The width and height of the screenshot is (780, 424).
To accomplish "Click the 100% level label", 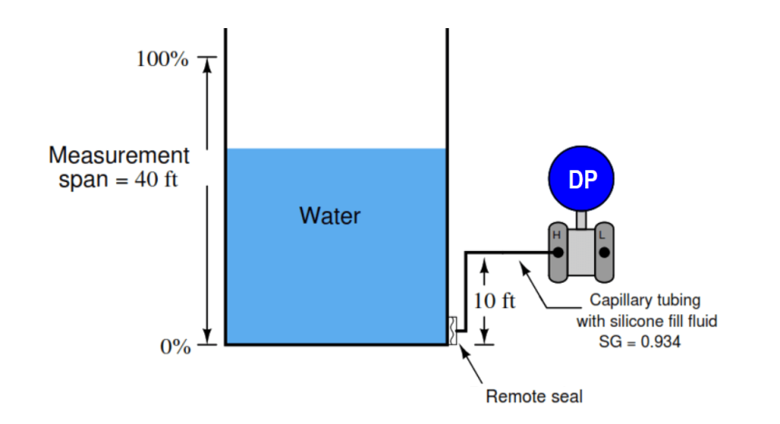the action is point(162,59).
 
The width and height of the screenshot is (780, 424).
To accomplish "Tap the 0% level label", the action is point(176,346).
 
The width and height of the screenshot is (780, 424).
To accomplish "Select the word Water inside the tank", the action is point(330,216).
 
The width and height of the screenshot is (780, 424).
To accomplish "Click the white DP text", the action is point(582,179).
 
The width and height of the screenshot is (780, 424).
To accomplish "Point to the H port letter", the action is point(557,236).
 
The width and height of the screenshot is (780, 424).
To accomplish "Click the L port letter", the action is point(602,236).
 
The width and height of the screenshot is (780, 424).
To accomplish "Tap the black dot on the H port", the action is point(558,253).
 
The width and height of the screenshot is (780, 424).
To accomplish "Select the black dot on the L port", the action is point(604,253).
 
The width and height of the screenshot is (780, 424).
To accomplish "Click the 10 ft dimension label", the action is point(494,301).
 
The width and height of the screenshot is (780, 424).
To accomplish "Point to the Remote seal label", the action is point(534,397).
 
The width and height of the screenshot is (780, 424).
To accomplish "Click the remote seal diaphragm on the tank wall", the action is point(453,331).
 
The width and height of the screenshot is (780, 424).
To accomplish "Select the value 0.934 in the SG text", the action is point(660,342).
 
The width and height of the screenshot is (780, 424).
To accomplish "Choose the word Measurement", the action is point(119,155).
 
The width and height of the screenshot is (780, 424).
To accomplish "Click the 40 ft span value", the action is point(156,179).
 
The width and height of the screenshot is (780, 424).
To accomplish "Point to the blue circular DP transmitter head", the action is point(581,178).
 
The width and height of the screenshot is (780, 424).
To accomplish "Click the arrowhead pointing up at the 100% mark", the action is point(208,65).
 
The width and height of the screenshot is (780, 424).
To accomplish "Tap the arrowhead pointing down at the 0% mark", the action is point(208,336).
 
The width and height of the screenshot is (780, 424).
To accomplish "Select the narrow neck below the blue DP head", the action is point(581,220).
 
